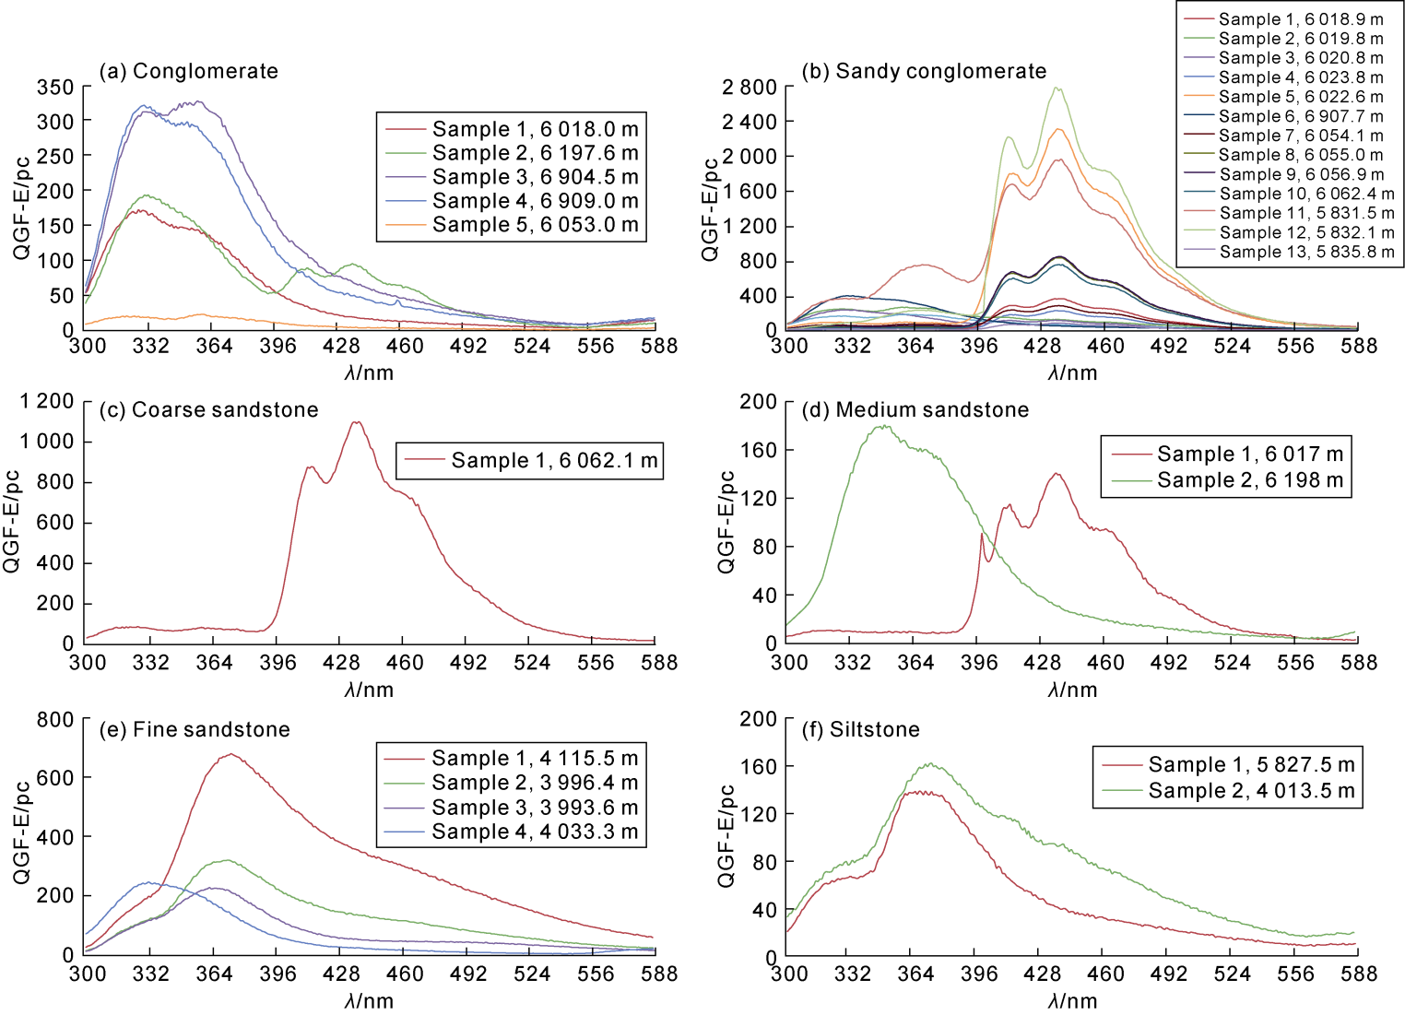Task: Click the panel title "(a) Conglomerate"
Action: (189, 71)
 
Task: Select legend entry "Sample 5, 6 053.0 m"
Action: (535, 225)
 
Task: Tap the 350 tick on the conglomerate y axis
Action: (55, 87)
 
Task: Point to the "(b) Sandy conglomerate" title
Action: (924, 71)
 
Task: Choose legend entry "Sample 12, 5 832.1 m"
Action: (1306, 232)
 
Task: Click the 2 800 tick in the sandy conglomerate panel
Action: (749, 87)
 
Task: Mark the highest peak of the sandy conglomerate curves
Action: (1057, 89)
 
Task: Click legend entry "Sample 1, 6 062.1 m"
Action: (554, 460)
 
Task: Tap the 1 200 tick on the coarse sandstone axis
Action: (47, 401)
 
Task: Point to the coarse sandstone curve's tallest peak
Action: (356, 422)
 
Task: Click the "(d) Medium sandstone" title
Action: (915, 409)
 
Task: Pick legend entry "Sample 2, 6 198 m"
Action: (1249, 480)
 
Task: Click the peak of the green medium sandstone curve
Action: (883, 426)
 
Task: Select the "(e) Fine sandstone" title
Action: (195, 729)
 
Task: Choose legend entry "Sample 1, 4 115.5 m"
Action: (535, 758)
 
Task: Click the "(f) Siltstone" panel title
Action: (861, 729)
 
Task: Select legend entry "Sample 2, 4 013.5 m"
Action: (1251, 790)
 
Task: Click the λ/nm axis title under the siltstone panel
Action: (1072, 1000)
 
